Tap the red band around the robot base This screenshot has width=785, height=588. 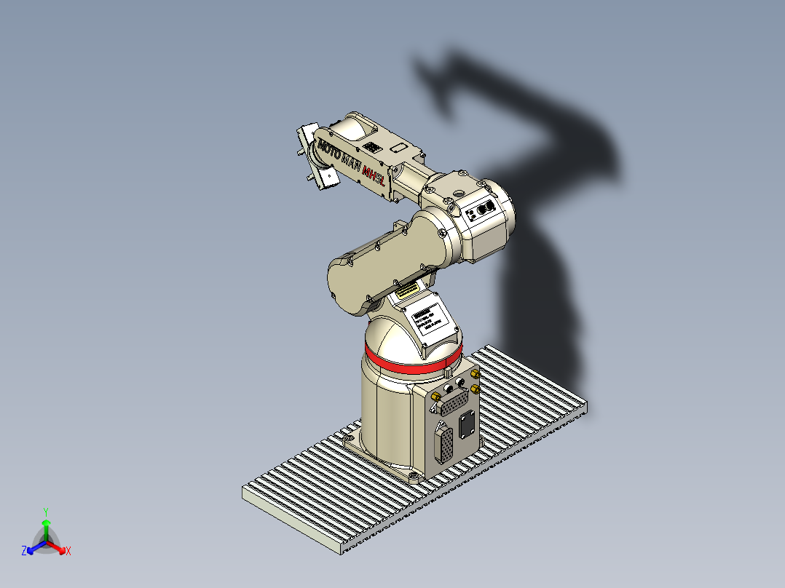tap(412, 360)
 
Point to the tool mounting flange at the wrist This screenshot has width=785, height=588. tap(312, 156)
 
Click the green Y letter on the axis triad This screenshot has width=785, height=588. tap(45, 512)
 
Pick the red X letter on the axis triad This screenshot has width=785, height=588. tap(68, 552)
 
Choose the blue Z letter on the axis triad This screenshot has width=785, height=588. tap(24, 552)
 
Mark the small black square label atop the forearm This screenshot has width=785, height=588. tap(373, 147)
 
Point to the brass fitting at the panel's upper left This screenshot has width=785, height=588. tap(435, 396)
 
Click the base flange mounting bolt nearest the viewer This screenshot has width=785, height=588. tap(414, 477)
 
